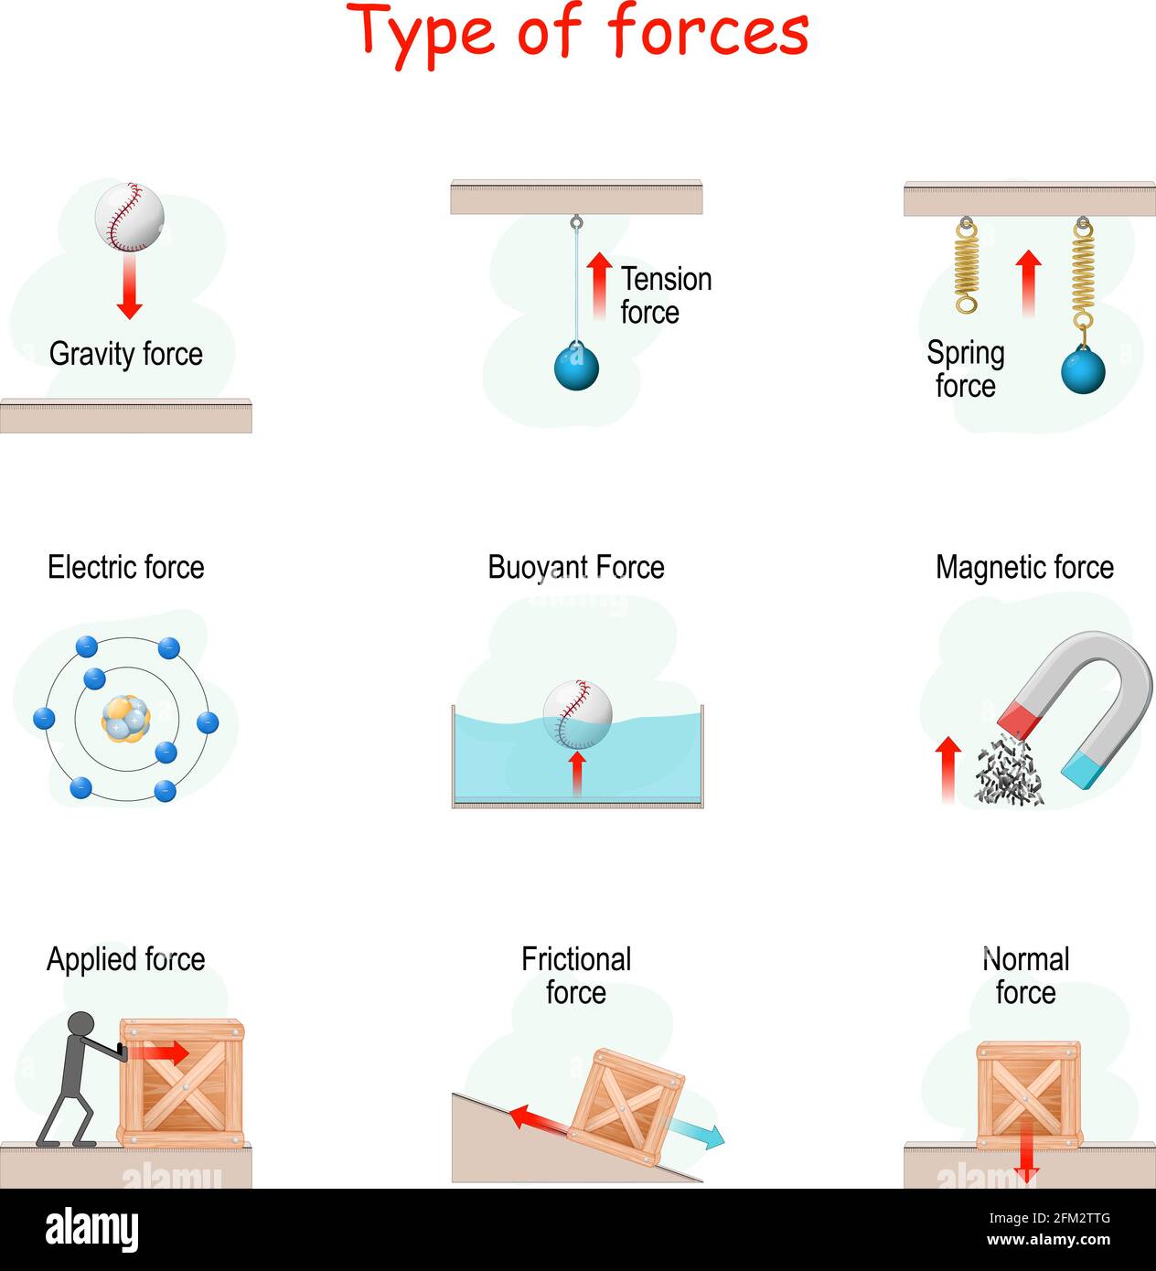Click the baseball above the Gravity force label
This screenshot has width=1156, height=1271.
[129, 218]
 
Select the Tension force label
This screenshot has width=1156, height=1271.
[665, 295]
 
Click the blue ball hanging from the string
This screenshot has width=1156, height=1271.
[576, 368]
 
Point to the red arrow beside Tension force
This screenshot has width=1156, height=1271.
[599, 284]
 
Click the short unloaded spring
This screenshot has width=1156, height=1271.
[967, 265]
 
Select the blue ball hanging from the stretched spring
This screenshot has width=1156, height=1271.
[1083, 371]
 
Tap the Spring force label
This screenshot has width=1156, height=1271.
[965, 368]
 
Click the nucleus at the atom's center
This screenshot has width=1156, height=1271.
[126, 719]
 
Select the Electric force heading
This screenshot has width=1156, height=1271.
[125, 567]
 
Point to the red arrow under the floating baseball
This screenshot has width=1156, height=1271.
[577, 773]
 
